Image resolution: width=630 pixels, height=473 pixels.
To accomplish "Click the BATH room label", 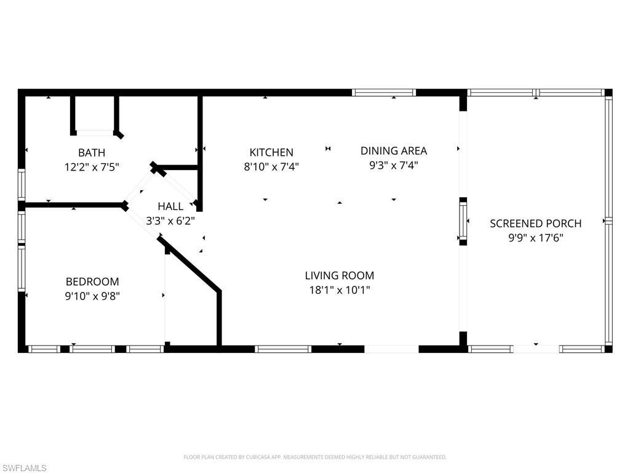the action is [92, 153].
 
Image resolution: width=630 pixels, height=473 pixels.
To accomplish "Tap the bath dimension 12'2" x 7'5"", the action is [92, 167].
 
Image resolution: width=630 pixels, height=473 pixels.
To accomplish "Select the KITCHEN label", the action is [271, 153].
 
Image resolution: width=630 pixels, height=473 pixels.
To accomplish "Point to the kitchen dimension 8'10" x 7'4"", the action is [271, 166].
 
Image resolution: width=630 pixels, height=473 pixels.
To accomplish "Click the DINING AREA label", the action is [393, 151].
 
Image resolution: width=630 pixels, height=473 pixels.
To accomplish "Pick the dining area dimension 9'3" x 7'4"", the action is [393, 165].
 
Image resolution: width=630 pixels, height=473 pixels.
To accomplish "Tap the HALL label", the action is [170, 206].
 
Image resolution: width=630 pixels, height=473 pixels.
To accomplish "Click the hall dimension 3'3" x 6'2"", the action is [170, 220].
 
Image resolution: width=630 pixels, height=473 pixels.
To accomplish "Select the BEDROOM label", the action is [92, 281].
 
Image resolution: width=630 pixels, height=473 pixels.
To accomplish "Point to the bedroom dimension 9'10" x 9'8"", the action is [92, 296].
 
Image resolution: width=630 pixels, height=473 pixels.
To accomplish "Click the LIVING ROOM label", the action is [340, 275].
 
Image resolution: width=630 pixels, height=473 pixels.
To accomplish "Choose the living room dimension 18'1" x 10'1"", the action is [340, 289].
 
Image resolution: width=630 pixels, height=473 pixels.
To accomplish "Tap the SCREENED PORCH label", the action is [536, 224].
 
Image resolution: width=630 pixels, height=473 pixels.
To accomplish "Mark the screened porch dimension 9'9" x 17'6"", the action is [536, 238].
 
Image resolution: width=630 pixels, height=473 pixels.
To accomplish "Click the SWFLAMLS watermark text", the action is [23, 468].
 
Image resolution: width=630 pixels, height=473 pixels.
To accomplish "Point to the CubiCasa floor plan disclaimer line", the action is [314, 457].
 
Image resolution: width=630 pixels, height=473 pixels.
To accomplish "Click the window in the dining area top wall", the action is [384, 92].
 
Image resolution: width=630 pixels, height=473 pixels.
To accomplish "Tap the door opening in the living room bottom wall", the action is [392, 349].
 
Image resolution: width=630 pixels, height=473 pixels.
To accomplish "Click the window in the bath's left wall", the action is [22, 185].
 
